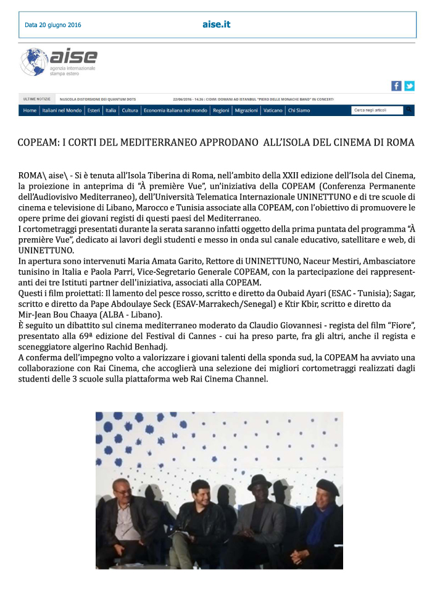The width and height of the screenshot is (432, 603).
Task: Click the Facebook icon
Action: click(396, 86)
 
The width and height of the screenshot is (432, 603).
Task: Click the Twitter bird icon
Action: click(409, 86)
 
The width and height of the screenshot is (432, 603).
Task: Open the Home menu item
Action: click(30, 110)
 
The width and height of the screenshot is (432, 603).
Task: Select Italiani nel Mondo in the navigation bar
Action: click(62, 110)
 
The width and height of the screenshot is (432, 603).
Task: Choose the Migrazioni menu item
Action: click(246, 110)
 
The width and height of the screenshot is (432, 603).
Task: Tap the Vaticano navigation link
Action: click(273, 110)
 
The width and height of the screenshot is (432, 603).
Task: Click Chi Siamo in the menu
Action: click(299, 110)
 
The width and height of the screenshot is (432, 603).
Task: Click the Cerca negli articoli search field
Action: click(376, 110)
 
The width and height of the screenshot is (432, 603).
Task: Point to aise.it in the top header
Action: click(216, 25)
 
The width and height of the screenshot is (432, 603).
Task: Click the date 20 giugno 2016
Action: click(53, 25)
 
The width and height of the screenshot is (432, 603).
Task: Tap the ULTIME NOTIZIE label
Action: click(36, 99)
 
